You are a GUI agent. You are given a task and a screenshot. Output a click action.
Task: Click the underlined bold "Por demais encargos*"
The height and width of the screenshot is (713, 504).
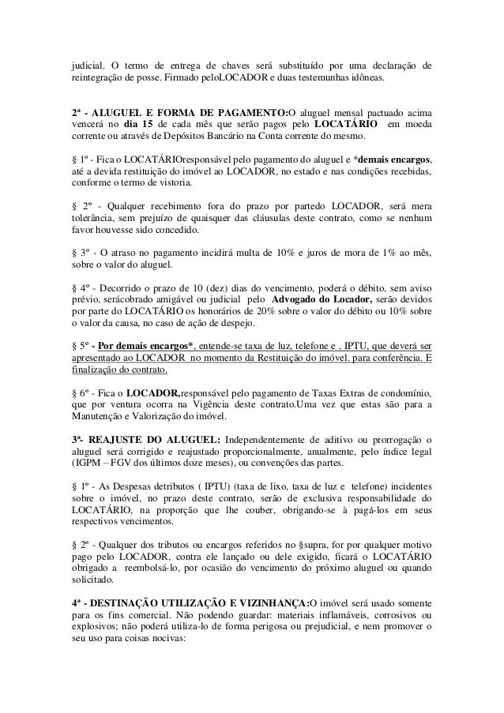coord(149,343)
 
